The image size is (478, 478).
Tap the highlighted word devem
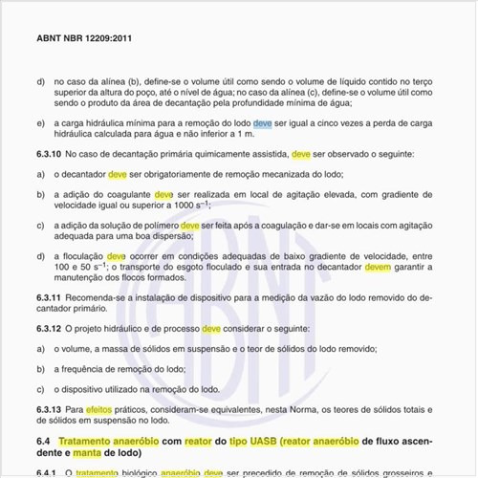378,270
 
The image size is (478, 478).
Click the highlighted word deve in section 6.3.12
211,328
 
